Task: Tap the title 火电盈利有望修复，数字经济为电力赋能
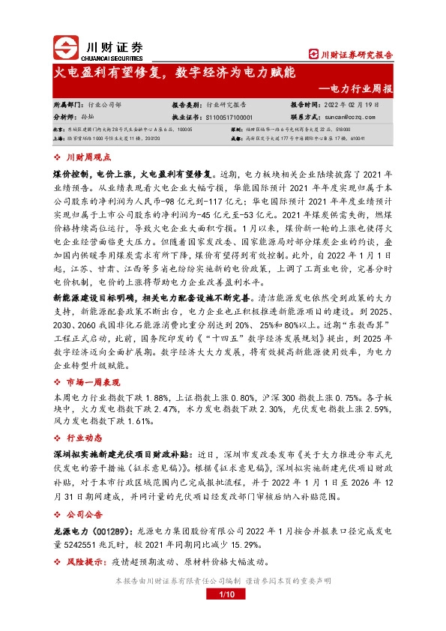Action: tap(177, 73)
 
